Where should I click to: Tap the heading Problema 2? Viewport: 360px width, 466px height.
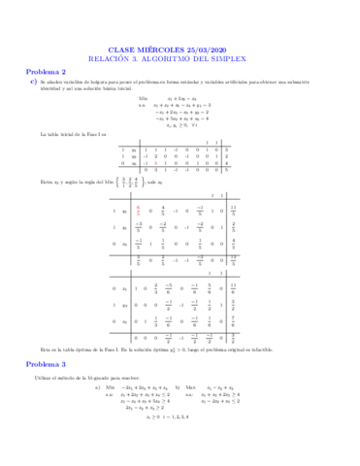coord(46,72)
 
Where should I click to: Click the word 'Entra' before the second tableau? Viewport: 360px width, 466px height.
coord(49,182)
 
